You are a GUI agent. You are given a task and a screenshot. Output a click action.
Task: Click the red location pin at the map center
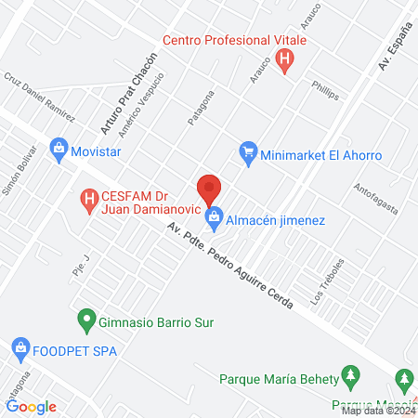(x=209, y=189)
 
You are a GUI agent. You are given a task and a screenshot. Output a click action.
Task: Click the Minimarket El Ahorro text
(x=321, y=156)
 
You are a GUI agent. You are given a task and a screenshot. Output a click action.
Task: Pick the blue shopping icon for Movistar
(x=59, y=149)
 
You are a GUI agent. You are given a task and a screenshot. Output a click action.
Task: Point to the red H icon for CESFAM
(x=89, y=198)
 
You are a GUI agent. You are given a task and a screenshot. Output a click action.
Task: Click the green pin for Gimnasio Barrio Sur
(x=86, y=320)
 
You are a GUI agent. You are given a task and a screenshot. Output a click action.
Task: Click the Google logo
(x=32, y=406)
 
